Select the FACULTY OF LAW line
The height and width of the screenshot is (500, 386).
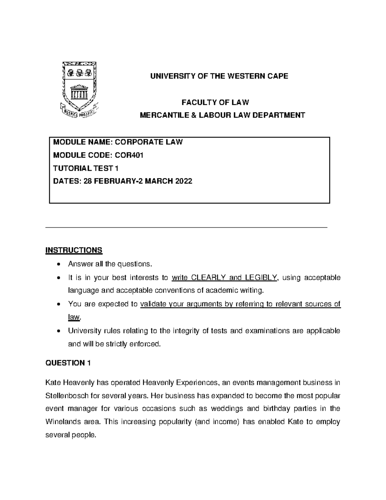click(x=215, y=102)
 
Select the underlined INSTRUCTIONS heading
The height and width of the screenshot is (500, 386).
click(x=74, y=250)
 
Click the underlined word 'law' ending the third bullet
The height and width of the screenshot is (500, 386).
click(x=73, y=317)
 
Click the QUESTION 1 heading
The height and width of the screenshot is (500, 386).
click(x=68, y=363)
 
